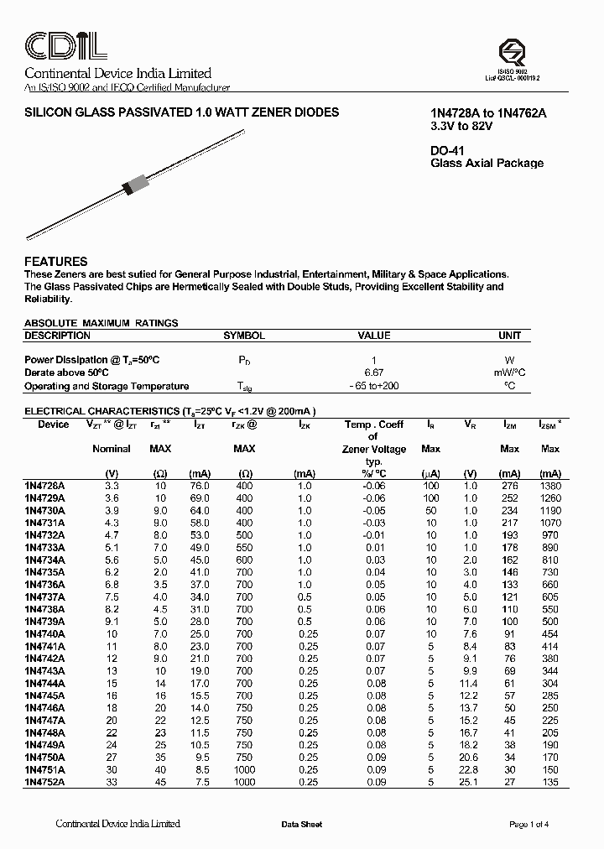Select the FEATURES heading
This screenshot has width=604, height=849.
[x=56, y=262]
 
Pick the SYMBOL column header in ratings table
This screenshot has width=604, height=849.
[x=244, y=336]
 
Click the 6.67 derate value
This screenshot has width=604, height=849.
[x=373, y=372]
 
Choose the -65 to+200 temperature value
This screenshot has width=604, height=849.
[x=374, y=386]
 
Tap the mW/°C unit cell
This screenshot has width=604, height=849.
[x=509, y=372]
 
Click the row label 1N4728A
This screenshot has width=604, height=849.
[x=46, y=486]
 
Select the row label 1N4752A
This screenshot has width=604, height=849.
[x=46, y=782]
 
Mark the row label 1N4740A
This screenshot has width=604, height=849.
[x=46, y=633]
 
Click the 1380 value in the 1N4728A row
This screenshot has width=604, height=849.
[x=550, y=486]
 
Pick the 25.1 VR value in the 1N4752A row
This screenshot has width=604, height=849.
[x=470, y=782]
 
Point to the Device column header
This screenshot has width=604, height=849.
[x=54, y=424]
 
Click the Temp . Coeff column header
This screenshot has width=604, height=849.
[x=374, y=424]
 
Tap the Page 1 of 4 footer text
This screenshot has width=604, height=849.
[x=529, y=825]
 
